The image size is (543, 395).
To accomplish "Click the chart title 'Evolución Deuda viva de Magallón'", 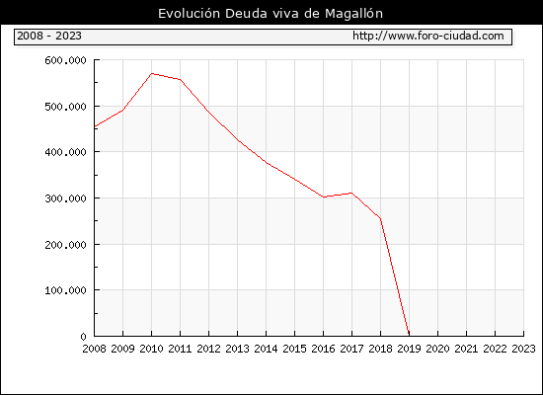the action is pos(271,14).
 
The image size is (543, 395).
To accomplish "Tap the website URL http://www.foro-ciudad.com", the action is pos(428,36).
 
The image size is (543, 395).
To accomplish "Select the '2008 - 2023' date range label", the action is pos(49,36).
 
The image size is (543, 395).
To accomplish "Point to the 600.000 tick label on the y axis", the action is pos(65,60).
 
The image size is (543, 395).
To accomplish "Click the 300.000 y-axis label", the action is pos(65,198).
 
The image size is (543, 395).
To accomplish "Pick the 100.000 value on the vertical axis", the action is pos(65,290).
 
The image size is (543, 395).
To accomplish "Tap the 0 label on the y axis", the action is pos(83,337).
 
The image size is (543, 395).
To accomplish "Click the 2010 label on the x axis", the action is pos(151,349).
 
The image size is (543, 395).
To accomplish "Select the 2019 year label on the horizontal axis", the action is pos(409,349).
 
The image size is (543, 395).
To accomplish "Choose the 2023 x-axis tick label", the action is pos(523,349).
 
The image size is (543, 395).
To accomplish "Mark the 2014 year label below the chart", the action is pos(266,349).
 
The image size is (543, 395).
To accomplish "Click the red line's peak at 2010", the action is pos(152,73).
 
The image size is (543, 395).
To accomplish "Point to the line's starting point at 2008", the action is pos(95,126).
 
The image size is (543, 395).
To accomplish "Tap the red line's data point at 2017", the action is pos(351,193).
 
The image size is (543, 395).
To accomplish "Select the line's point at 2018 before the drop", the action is pos(380,218).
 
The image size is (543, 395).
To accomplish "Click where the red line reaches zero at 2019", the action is pos(409,335).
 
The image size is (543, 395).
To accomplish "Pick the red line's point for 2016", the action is pos(324,197).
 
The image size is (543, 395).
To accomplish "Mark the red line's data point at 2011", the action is pos(180,79).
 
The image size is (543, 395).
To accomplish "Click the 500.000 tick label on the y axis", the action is pos(65,107).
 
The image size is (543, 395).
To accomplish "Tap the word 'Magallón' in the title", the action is pos(353,14).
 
